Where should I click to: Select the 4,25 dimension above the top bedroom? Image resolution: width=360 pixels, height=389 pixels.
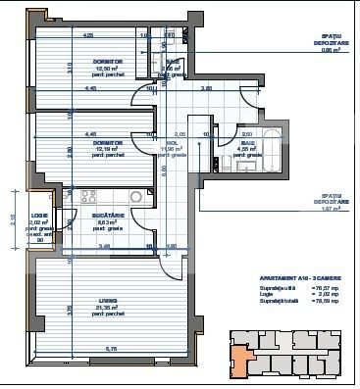click(x=87, y=35)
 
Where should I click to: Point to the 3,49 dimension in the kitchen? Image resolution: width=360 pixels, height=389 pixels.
click(x=103, y=247)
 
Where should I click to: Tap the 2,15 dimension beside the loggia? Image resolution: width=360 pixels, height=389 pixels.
click(x=13, y=220)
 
